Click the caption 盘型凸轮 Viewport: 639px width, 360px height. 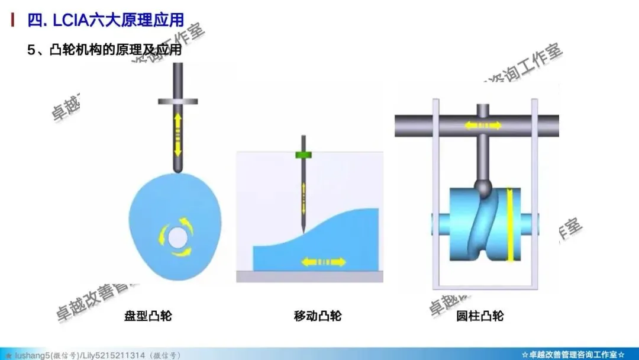coord(148,316)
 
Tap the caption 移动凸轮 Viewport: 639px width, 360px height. coord(318,316)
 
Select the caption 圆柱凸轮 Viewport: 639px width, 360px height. coord(480,316)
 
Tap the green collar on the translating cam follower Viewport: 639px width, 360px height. coord(303,155)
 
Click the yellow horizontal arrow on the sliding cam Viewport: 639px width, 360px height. coord(323,261)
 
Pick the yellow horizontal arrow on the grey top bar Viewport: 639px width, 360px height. coord(482,126)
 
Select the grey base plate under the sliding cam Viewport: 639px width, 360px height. coord(310,277)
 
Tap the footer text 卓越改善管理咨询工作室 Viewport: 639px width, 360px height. coord(573,355)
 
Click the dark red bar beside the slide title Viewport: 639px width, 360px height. coord(14,21)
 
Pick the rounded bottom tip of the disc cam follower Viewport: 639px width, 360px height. coord(177,169)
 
